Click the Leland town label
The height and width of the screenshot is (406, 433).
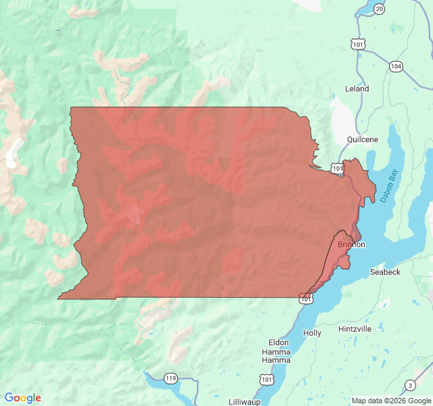click(357, 89)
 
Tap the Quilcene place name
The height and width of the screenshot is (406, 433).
click(362, 139)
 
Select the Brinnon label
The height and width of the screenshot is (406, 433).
click(351, 244)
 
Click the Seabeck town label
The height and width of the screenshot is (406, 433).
click(385, 272)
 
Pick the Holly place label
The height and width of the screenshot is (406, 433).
click(312, 333)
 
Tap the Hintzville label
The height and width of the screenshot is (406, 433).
click(355, 329)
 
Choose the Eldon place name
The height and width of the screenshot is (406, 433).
click(278, 342)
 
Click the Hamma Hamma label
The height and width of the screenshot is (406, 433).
click(276, 357)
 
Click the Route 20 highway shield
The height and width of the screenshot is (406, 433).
click(379, 9)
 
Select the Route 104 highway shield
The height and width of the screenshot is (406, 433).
click(396, 66)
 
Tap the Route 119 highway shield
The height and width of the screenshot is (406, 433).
click(170, 378)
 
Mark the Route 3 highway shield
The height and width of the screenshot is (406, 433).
click(410, 386)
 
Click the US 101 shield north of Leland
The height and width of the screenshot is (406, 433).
click(358, 44)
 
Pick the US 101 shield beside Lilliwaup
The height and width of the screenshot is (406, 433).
click(267, 380)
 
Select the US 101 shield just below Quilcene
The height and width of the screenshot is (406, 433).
click(336, 168)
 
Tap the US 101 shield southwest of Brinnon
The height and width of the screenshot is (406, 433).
click(307, 297)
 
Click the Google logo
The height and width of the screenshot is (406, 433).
click(22, 398)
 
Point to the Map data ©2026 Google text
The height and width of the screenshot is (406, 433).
click(390, 401)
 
